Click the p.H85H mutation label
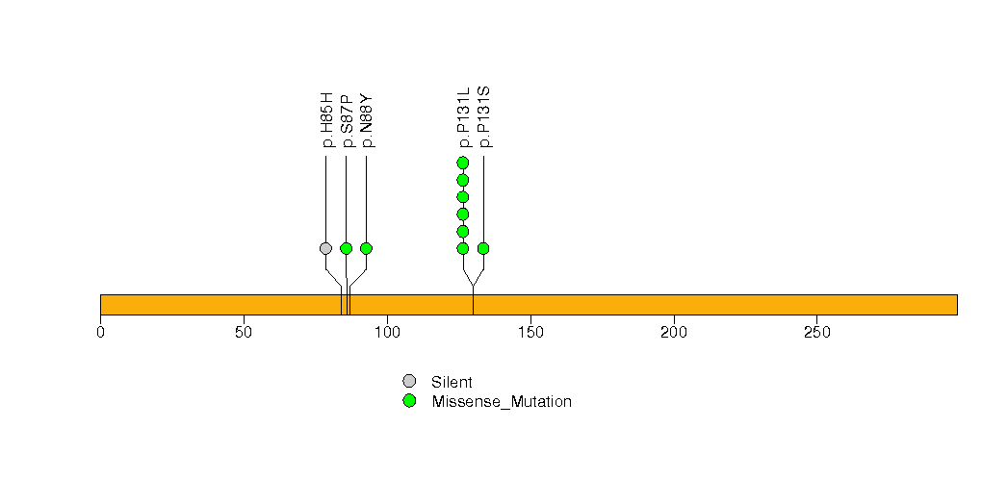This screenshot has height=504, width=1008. [x=327, y=120]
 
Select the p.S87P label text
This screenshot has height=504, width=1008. [x=348, y=121]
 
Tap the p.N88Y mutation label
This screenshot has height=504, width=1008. [x=367, y=120]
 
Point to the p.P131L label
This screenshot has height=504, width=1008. [x=463, y=118]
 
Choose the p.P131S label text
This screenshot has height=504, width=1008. [x=484, y=117]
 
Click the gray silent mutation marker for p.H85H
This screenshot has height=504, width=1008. [x=326, y=248]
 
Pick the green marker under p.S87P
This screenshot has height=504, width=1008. [x=346, y=248]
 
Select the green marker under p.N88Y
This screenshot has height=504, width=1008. [x=367, y=248]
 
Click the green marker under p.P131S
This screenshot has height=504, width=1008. [x=483, y=248]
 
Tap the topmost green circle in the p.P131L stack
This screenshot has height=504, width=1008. [x=463, y=164]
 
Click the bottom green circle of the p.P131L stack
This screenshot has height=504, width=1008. [x=463, y=248]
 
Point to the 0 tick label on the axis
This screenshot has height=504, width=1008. [x=100, y=333]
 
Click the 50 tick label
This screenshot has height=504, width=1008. [x=244, y=333]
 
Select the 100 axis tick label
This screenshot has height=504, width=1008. [x=388, y=333]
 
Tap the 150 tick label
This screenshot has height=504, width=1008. [x=530, y=333]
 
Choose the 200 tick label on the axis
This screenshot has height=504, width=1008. [x=674, y=333]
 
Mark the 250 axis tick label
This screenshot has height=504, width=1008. [x=817, y=333]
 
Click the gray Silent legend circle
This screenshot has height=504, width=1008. [x=409, y=382]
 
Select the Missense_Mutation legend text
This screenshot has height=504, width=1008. [x=502, y=402]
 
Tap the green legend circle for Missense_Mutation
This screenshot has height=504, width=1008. [x=409, y=401]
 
